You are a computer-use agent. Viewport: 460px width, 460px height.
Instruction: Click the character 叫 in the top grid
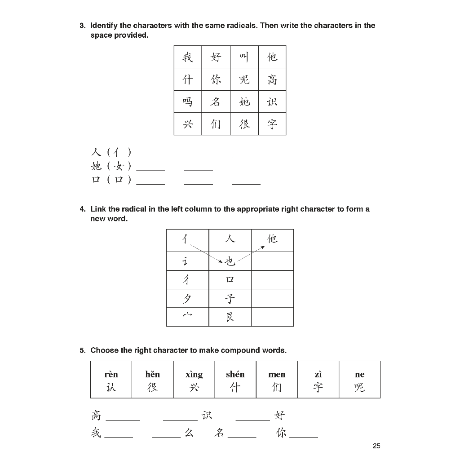pos(244,57)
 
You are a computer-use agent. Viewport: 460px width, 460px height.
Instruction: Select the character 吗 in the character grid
pos(188,102)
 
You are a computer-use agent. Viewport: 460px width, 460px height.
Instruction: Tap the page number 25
pos(376,446)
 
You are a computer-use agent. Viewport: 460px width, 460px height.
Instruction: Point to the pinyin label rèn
pos(111,374)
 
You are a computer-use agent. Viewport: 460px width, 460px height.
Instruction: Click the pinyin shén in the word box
pos(235,374)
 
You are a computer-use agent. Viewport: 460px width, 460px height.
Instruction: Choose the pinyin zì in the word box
pos(318,374)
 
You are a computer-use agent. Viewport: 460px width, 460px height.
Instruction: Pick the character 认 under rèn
pos(111,387)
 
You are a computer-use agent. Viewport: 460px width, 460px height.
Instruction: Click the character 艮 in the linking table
pos(230,317)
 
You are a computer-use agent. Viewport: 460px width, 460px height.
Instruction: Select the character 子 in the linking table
pos(230,298)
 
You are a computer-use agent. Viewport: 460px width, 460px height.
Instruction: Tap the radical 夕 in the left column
pos(187,298)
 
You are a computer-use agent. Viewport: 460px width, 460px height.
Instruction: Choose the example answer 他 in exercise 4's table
pos(272,239)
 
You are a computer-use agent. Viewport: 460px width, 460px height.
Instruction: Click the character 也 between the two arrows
pos(230,261)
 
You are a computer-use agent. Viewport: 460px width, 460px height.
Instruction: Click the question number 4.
pos(82,209)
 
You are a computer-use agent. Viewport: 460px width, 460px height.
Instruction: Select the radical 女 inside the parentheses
pos(119,166)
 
